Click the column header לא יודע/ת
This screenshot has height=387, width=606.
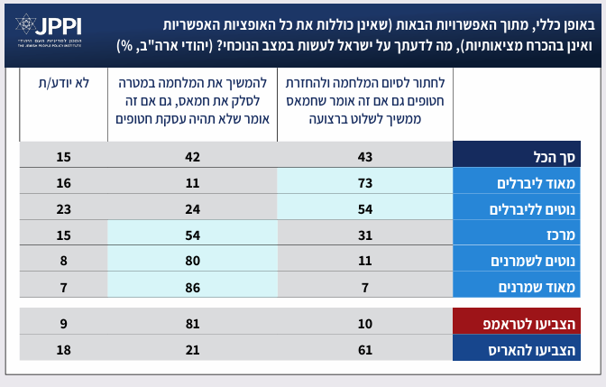click(x=63, y=83)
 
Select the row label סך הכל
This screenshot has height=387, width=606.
click(x=527, y=157)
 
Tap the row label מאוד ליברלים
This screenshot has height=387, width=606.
click(x=527, y=183)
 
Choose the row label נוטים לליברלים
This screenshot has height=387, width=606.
click(x=527, y=209)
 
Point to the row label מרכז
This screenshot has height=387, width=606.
click(x=527, y=235)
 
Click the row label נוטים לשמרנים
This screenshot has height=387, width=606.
click(x=527, y=261)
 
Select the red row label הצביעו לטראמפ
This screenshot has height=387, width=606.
click(x=527, y=322)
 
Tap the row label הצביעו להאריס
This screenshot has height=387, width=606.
click(x=527, y=348)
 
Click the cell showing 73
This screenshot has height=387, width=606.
click(x=365, y=183)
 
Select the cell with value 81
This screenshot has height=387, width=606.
click(x=192, y=322)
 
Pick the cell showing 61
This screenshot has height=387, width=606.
click(x=365, y=348)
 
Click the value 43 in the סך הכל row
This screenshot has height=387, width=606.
click(x=365, y=157)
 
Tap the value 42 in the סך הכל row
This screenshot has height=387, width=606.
click(x=192, y=157)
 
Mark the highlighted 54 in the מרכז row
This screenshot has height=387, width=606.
click(x=192, y=235)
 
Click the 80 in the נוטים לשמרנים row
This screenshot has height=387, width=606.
click(x=192, y=261)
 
